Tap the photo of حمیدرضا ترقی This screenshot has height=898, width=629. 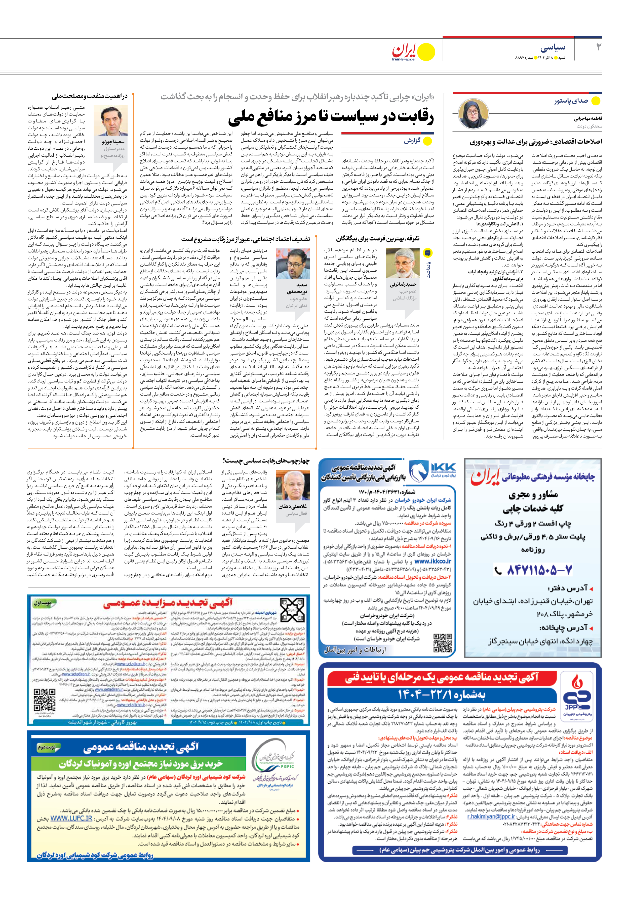(402, 263)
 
